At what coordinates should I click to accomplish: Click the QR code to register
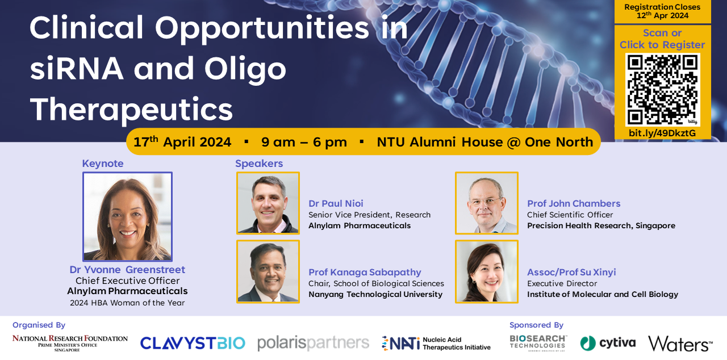pyautogui.click(x=662, y=90)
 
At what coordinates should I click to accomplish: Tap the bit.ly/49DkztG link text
pyautogui.click(x=662, y=133)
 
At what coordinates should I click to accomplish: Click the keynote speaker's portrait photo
pyautogui.click(x=128, y=216)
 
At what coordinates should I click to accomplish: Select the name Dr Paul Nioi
pyautogui.click(x=336, y=203)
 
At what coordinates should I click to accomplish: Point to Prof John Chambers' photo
pyautogui.click(x=487, y=203)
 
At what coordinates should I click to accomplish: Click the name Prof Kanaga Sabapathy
pyautogui.click(x=365, y=272)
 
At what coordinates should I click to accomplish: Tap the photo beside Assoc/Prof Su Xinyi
pyautogui.click(x=487, y=272)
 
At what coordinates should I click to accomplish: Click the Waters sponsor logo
pyautogui.click(x=680, y=344)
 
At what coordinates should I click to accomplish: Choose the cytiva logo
pyautogui.click(x=608, y=343)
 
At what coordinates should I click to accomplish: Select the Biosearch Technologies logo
pyautogui.click(x=538, y=343)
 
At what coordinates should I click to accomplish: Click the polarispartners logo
pyautogui.click(x=313, y=344)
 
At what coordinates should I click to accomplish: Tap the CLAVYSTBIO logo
pyautogui.click(x=193, y=343)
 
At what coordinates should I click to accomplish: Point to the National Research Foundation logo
pyautogui.click(x=70, y=343)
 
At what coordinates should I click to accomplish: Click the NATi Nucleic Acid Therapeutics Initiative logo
pyautogui.click(x=436, y=344)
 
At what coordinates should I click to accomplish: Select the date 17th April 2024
pyautogui.click(x=182, y=142)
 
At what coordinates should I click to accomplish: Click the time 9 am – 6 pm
pyautogui.click(x=304, y=142)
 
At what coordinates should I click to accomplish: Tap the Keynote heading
pyautogui.click(x=103, y=164)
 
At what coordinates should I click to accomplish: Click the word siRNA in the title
pyautogui.click(x=77, y=69)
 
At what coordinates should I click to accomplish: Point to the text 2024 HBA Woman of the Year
pyautogui.click(x=127, y=303)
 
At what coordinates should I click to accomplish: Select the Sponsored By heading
pyautogui.click(x=536, y=325)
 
